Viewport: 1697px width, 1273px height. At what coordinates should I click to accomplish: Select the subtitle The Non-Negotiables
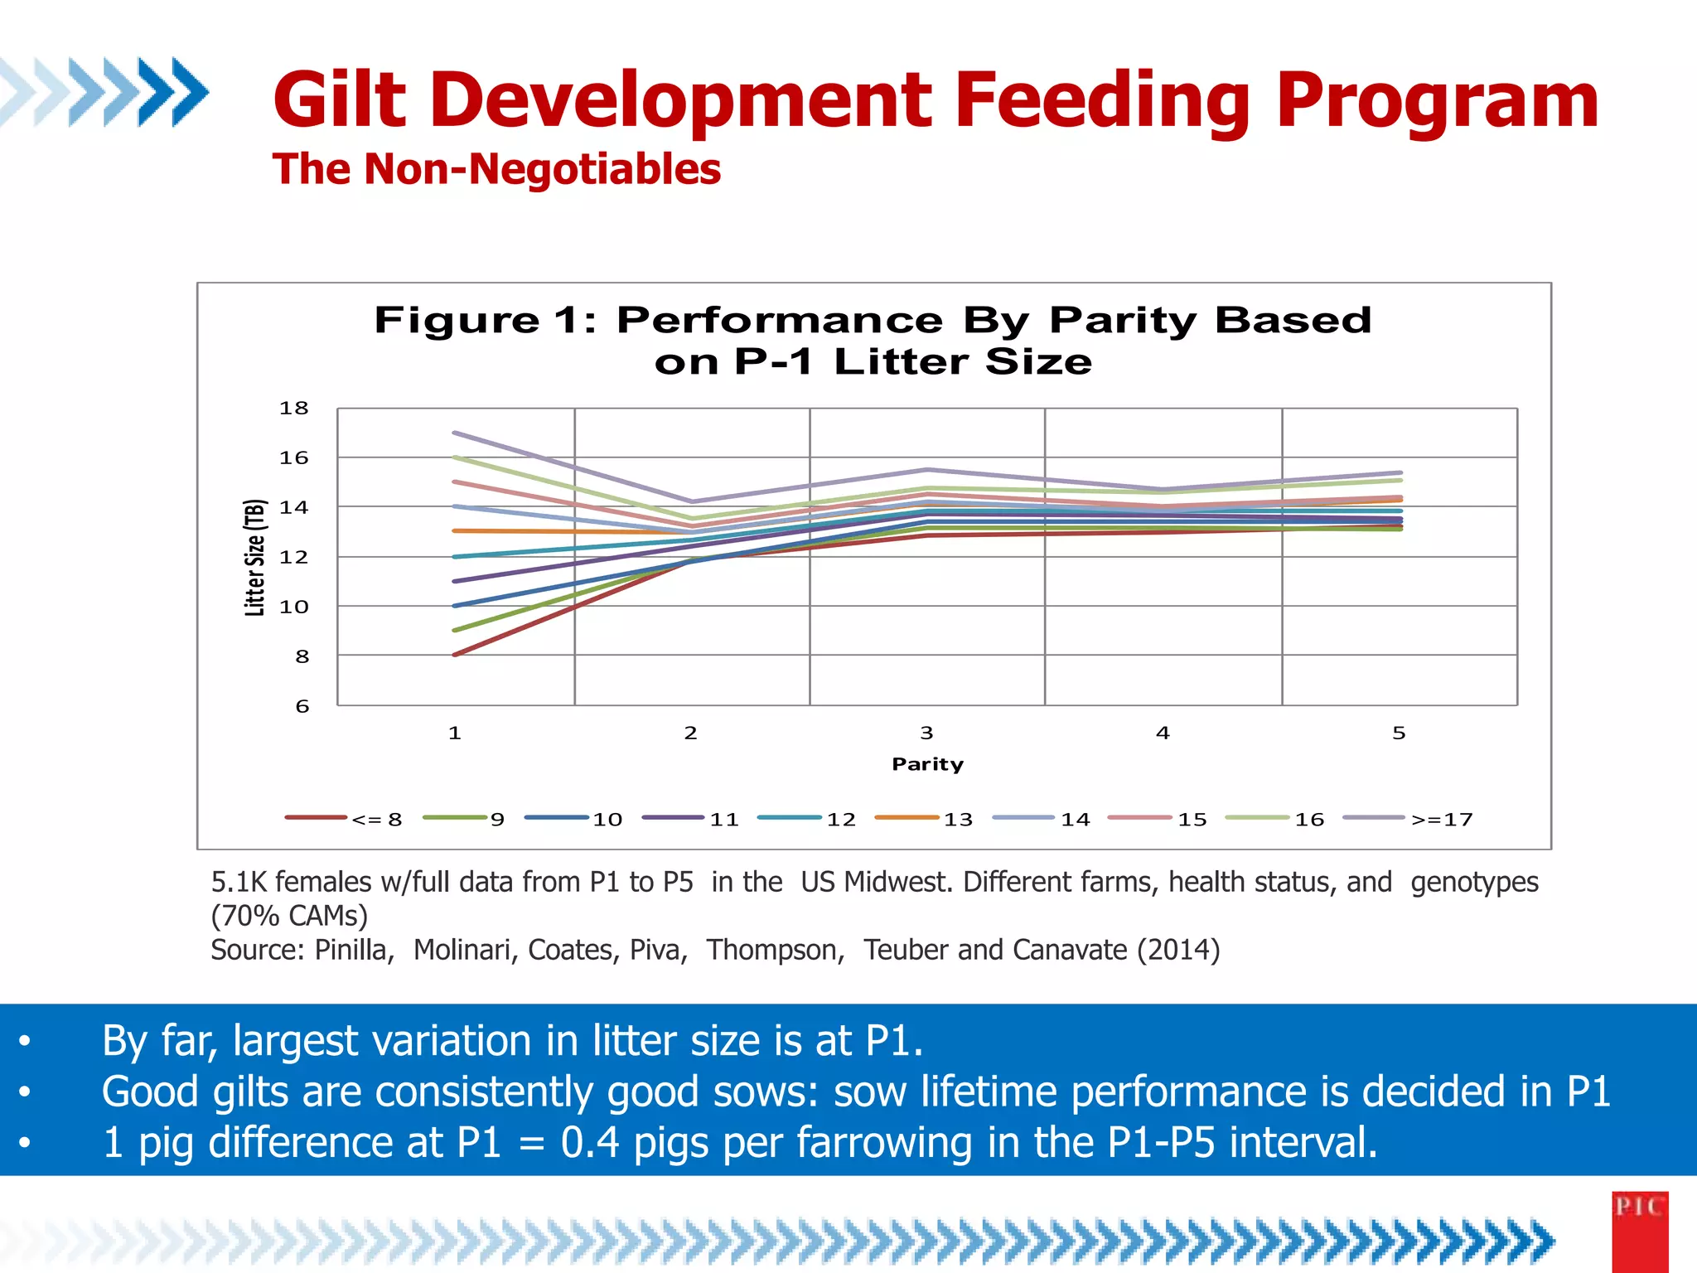496,169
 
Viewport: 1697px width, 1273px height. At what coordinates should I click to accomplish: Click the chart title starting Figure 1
873,341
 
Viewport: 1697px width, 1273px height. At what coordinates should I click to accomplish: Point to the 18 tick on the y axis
293,408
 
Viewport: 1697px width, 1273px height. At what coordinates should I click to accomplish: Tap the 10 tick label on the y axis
293,607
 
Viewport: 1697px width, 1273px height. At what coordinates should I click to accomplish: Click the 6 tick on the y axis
302,706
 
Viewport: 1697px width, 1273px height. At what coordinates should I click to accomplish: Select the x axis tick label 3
926,733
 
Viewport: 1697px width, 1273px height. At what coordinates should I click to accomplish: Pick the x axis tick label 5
1399,733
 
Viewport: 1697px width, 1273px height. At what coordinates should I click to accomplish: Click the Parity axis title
927,764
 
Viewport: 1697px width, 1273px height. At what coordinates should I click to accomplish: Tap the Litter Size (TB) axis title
254,557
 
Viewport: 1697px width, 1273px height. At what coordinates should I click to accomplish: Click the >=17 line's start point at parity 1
455,433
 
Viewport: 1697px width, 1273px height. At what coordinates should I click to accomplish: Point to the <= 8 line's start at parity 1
455,655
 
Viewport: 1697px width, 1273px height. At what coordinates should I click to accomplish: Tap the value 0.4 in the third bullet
590,1142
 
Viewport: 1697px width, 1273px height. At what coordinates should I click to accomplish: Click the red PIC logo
1640,1231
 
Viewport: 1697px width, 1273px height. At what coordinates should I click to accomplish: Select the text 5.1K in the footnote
239,882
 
